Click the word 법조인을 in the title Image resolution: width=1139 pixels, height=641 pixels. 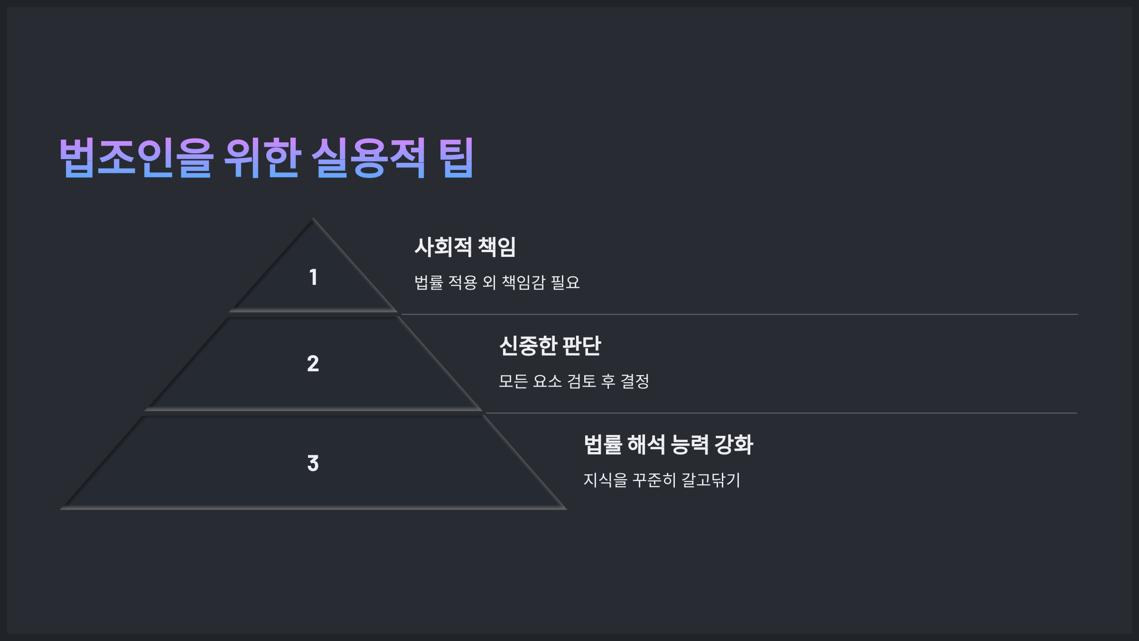click(x=135, y=158)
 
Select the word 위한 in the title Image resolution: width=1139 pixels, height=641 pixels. click(x=262, y=158)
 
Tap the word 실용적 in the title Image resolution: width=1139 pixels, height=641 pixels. click(x=368, y=158)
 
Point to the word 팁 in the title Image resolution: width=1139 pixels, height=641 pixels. click(x=456, y=158)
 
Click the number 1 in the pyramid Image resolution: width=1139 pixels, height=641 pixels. click(x=313, y=277)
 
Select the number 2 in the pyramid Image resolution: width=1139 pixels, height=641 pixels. click(x=313, y=364)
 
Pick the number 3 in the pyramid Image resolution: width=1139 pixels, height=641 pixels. click(x=313, y=463)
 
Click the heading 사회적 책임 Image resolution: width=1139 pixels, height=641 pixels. click(x=465, y=247)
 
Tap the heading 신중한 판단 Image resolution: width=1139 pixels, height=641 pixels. click(x=550, y=346)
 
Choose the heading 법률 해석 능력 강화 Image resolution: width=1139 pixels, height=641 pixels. click(x=668, y=445)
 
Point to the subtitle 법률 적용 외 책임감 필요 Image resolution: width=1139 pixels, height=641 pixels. click(x=497, y=283)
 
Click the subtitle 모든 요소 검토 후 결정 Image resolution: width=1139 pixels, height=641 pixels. click(x=574, y=381)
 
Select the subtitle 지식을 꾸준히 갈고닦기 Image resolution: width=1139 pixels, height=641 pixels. click(x=662, y=480)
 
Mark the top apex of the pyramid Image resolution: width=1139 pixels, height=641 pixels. click(x=313, y=219)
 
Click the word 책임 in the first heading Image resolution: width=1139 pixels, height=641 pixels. click(x=496, y=247)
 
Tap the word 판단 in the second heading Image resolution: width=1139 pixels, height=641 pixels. click(x=582, y=346)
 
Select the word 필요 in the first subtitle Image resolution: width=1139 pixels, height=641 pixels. click(x=565, y=283)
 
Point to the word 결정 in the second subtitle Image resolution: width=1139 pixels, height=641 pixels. click(x=635, y=381)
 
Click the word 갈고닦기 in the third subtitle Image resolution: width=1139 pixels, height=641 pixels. click(x=711, y=480)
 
